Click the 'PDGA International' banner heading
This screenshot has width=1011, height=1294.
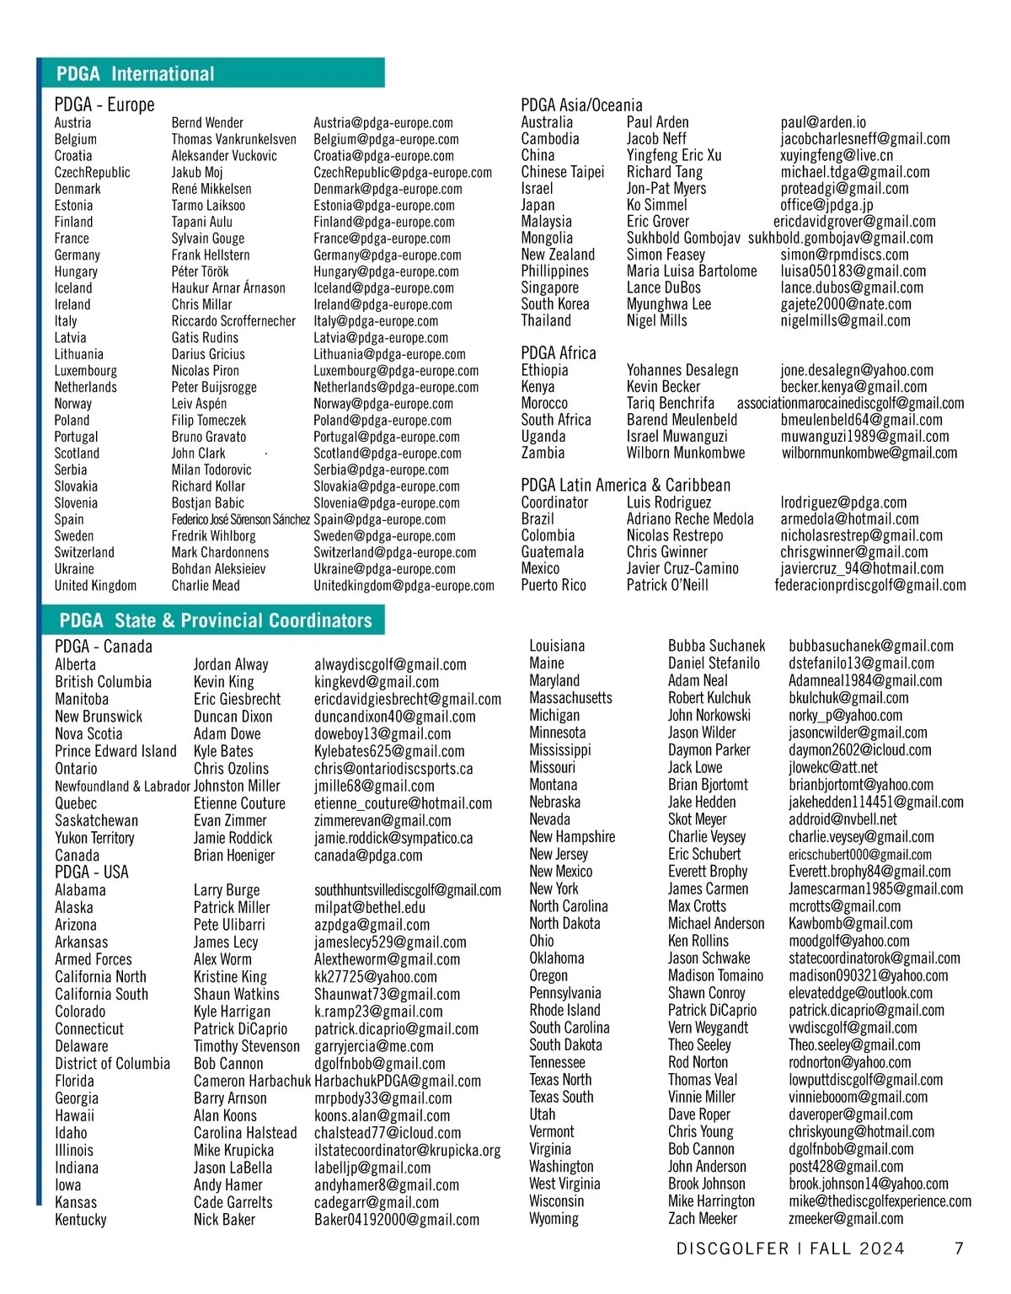pyautogui.click(x=136, y=73)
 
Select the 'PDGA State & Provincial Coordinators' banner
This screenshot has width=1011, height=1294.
pyautogui.click(x=215, y=620)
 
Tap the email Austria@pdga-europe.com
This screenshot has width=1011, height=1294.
pyautogui.click(x=383, y=123)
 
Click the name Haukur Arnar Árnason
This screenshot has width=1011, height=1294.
pyautogui.click(x=228, y=288)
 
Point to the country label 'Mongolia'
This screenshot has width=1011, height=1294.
pyautogui.click(x=547, y=239)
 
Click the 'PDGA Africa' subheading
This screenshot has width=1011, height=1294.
pyautogui.click(x=558, y=353)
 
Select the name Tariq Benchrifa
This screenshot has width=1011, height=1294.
pyautogui.click(x=670, y=403)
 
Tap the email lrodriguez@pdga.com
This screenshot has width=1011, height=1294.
pyautogui.click(x=843, y=502)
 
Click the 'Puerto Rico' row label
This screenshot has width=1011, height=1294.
pyautogui.click(x=553, y=585)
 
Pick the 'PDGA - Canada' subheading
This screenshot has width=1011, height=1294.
pyautogui.click(x=104, y=647)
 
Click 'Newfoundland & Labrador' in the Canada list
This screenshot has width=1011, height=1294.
pyautogui.click(x=122, y=786)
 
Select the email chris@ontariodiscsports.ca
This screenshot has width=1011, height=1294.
pyautogui.click(x=393, y=769)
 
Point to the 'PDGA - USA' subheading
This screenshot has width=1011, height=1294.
pyautogui.click(x=92, y=872)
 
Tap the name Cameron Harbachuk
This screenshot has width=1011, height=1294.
pyautogui.click(x=252, y=1081)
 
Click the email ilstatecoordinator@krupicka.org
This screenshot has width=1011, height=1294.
pyautogui.click(x=407, y=1150)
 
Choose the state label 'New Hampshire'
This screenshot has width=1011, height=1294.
pyautogui.click(x=572, y=837)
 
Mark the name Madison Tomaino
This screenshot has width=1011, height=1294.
pyautogui.click(x=715, y=975)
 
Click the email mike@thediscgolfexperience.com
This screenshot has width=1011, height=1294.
pyautogui.click(x=880, y=1201)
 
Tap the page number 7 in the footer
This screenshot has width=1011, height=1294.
pyautogui.click(x=959, y=1248)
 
